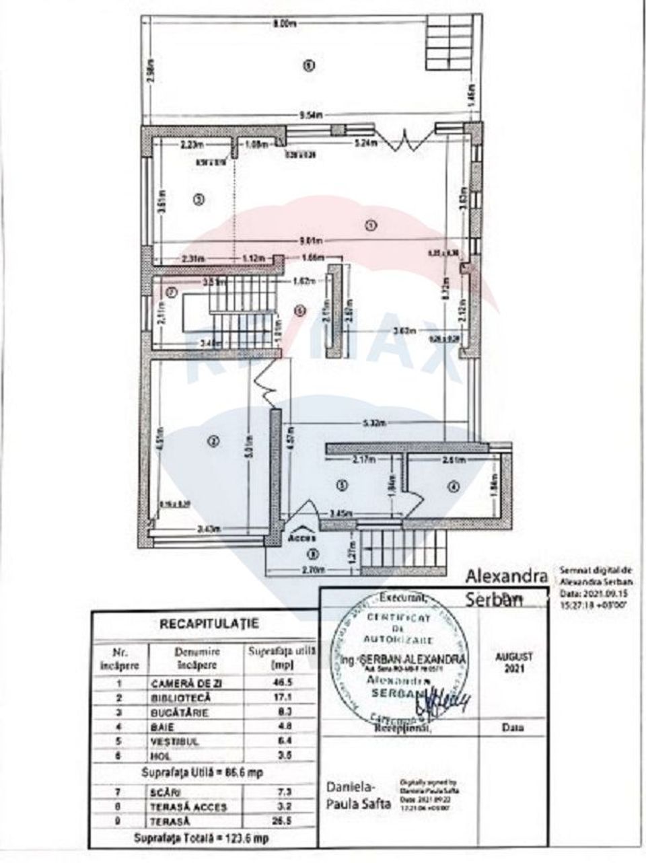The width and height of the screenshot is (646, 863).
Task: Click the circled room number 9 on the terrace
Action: pyautogui.click(x=308, y=65)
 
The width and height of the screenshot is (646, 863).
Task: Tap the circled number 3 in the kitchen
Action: pyautogui.click(x=197, y=198)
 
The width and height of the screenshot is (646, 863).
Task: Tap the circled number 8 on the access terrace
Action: pyautogui.click(x=310, y=554)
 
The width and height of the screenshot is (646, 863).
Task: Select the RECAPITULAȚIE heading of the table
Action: pyautogui.click(x=209, y=624)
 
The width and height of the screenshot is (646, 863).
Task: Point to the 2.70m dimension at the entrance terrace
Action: pyautogui.click(x=314, y=571)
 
